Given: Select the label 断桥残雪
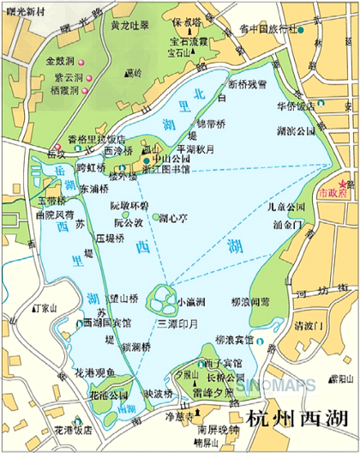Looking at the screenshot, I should [x=248, y=84].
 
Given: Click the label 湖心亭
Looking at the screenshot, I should [x=172, y=219].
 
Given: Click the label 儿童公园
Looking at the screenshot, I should [x=285, y=207].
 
